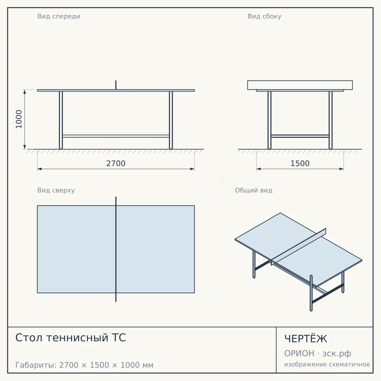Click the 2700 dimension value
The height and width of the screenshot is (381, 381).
pos(116,164)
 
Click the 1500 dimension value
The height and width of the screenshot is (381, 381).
pos(300,164)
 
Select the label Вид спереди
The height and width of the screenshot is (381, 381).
pos(59,16)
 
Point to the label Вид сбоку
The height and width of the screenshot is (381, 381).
pos(264,16)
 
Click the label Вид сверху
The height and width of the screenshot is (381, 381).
pos(56,190)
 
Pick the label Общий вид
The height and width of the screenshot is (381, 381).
pos(253,190)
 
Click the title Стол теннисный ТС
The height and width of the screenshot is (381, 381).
pos(70,338)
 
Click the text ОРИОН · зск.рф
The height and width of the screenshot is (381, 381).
pos(317,353)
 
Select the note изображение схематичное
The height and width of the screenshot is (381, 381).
pos(327,364)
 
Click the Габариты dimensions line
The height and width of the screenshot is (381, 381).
pos(84,365)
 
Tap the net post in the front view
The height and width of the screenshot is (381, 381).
pos(116,85)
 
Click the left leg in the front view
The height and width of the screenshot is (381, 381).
pos(61,120)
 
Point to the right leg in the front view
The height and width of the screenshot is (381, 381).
pos(171,120)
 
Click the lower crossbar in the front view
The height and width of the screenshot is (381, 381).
pos(116,136)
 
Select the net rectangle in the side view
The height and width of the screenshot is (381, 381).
pos(300,85)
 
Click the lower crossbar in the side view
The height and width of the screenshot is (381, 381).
pos(300,136)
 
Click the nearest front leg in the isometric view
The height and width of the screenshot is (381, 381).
pos(311,293)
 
